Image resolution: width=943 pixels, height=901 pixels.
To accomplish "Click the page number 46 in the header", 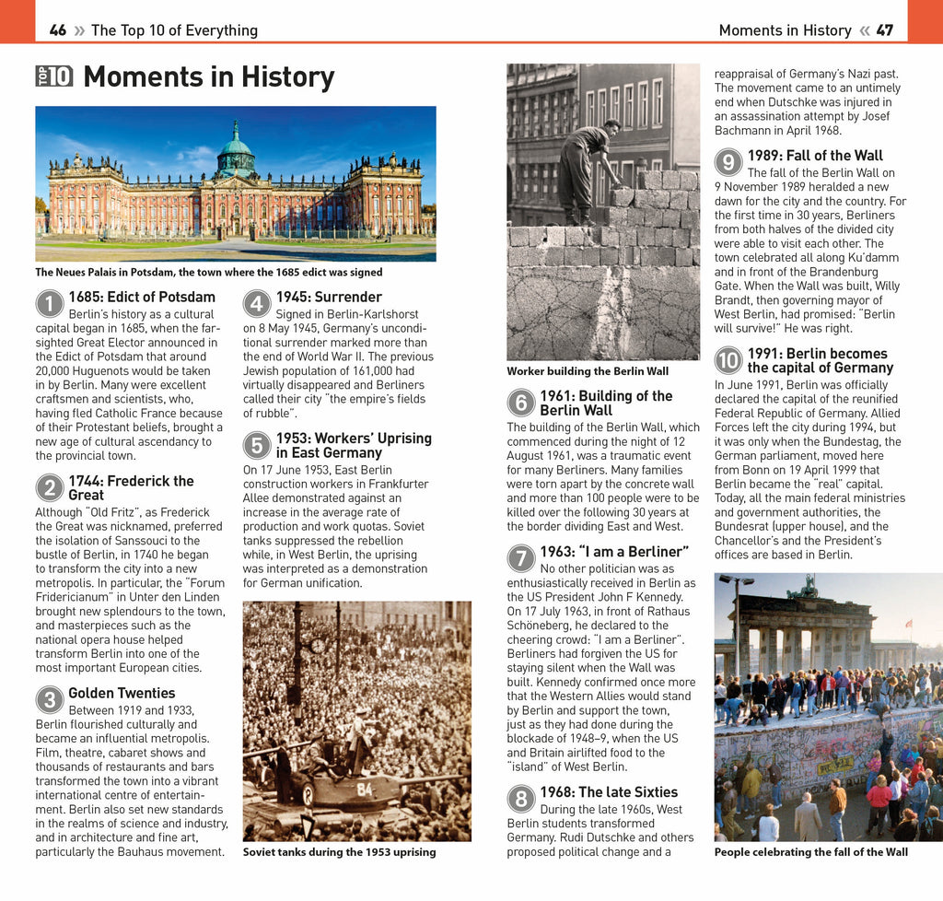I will point(58,30).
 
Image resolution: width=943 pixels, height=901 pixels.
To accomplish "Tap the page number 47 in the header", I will point(884,30).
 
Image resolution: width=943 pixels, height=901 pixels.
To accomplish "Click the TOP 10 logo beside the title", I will point(54,76).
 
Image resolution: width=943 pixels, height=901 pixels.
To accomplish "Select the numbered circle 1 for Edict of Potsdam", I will point(50,305).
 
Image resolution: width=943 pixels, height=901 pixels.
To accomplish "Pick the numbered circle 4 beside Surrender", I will point(257,305).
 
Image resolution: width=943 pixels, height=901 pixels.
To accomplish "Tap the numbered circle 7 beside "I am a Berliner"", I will point(521,559).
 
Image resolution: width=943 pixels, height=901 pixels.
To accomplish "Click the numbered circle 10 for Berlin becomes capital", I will point(728,360).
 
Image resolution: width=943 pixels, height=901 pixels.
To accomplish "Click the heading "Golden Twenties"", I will point(122,693).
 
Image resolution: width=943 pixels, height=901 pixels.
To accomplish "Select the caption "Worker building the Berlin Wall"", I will point(588,371).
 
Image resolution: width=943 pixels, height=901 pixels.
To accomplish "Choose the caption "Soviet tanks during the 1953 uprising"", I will point(339,852).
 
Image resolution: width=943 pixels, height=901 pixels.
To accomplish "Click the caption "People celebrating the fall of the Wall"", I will point(810,852).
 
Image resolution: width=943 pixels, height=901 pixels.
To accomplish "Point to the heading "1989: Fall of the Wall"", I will point(815,156).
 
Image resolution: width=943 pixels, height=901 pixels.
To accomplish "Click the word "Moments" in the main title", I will point(143,76).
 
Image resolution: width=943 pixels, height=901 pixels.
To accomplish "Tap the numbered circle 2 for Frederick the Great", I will point(50,488).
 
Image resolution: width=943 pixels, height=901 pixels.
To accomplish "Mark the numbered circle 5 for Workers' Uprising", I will point(257,446).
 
